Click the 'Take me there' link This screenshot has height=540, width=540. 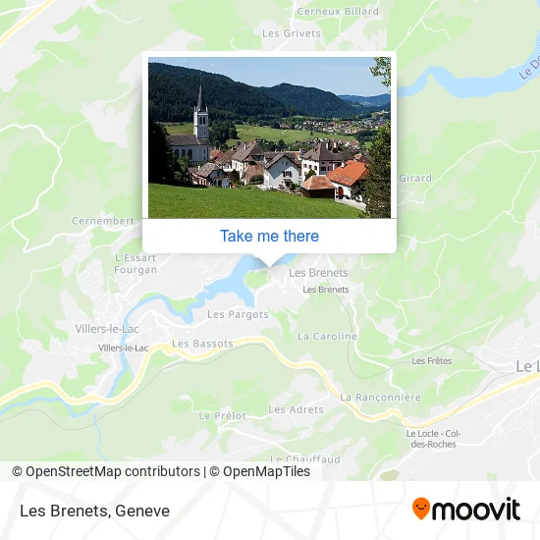click(x=269, y=236)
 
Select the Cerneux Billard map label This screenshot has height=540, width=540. click(x=324, y=12)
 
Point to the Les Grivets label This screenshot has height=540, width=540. click(x=292, y=32)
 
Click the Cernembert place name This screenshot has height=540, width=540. click(x=102, y=221)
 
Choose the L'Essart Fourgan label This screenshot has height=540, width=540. click(x=135, y=263)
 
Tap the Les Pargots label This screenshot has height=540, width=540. click(x=238, y=315)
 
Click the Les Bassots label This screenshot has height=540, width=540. click(x=202, y=344)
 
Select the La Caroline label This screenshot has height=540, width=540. click(x=327, y=336)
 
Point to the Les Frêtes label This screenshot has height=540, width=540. click(x=432, y=361)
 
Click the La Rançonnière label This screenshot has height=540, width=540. click(x=380, y=398)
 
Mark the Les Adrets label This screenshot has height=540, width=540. click(x=296, y=409)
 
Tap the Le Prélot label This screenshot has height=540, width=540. click(x=222, y=415)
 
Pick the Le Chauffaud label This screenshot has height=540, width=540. click(x=306, y=459)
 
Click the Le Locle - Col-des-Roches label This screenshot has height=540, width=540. click(x=433, y=438)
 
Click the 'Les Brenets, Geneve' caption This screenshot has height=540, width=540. click(x=94, y=511)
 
